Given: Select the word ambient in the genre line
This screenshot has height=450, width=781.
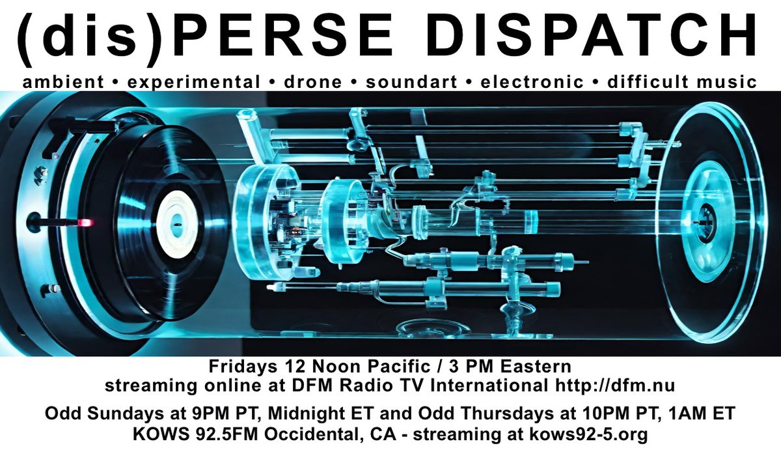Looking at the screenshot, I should coord(62,82).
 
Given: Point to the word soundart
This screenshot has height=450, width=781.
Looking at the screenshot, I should coord(405,82).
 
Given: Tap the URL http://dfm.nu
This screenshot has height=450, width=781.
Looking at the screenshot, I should coord(614,386).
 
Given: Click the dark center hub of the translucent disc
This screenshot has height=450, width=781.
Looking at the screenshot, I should coord(704,221).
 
